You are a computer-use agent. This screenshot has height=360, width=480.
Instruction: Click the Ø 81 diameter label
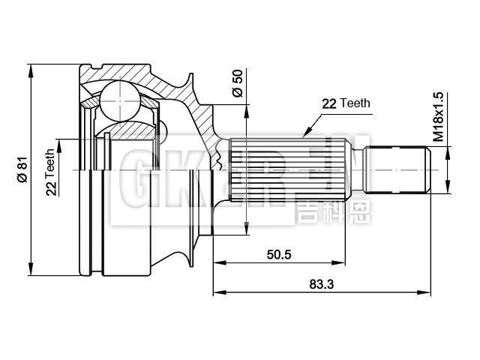22,169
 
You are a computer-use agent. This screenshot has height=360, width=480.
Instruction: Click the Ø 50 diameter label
238,82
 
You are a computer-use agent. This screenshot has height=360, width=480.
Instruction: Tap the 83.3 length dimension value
321,283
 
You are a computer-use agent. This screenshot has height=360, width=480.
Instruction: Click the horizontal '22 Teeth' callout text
346,103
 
